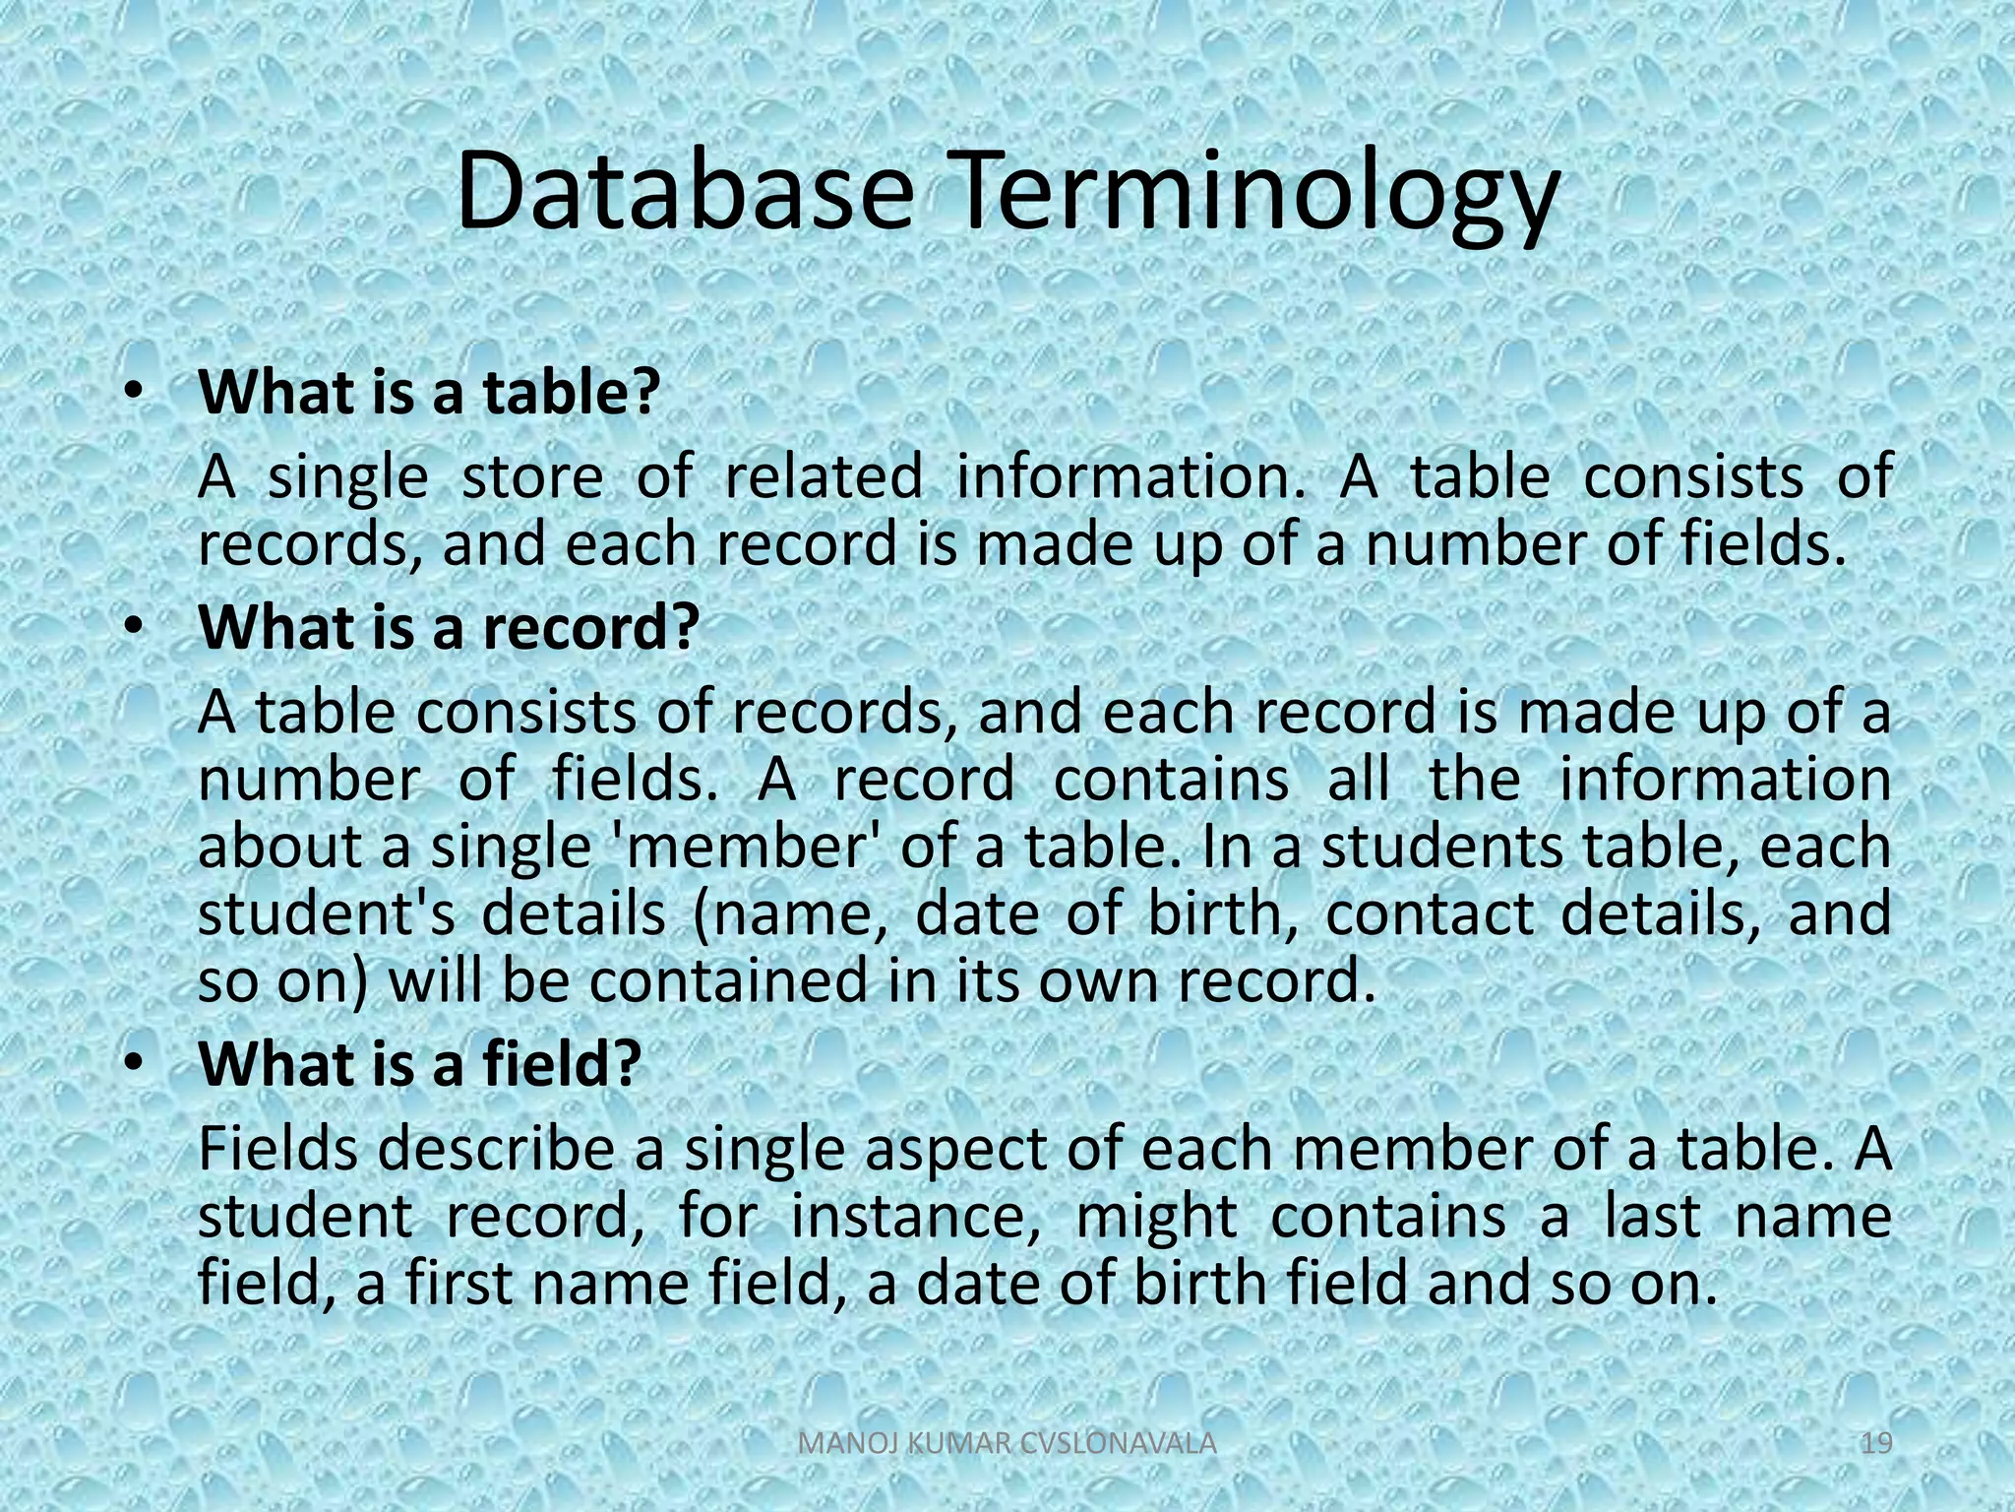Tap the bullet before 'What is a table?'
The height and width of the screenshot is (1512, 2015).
134,392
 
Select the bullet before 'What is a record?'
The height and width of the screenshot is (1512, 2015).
134,627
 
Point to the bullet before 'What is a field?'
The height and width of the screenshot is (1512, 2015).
134,1064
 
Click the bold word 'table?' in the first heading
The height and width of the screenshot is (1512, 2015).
570,392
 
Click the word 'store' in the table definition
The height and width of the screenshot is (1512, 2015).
532,477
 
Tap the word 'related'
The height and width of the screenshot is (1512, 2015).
824,477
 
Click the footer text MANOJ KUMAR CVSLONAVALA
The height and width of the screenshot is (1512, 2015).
1007,1444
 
